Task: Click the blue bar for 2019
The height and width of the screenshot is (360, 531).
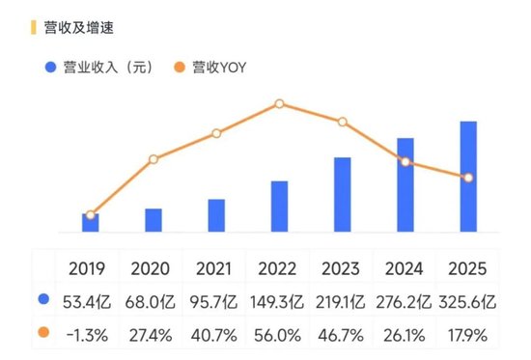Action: coord(90,223)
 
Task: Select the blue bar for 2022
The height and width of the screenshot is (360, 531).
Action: coord(279,206)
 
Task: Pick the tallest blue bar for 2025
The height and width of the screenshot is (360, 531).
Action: coord(468,176)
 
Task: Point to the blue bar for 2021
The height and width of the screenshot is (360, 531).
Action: coord(216,215)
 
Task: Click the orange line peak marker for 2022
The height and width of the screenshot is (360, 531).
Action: coord(279,103)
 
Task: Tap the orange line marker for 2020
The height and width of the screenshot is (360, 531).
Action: coord(153,158)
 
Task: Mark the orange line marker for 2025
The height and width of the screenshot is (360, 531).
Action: coord(468,178)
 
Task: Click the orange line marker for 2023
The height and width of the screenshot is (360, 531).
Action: coord(343,122)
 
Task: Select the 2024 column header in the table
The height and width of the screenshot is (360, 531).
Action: coord(405,268)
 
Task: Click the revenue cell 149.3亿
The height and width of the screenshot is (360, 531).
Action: coord(278,301)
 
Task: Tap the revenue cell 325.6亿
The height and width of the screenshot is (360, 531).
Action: coord(467,301)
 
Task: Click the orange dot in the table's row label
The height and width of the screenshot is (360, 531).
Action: coord(42,334)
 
